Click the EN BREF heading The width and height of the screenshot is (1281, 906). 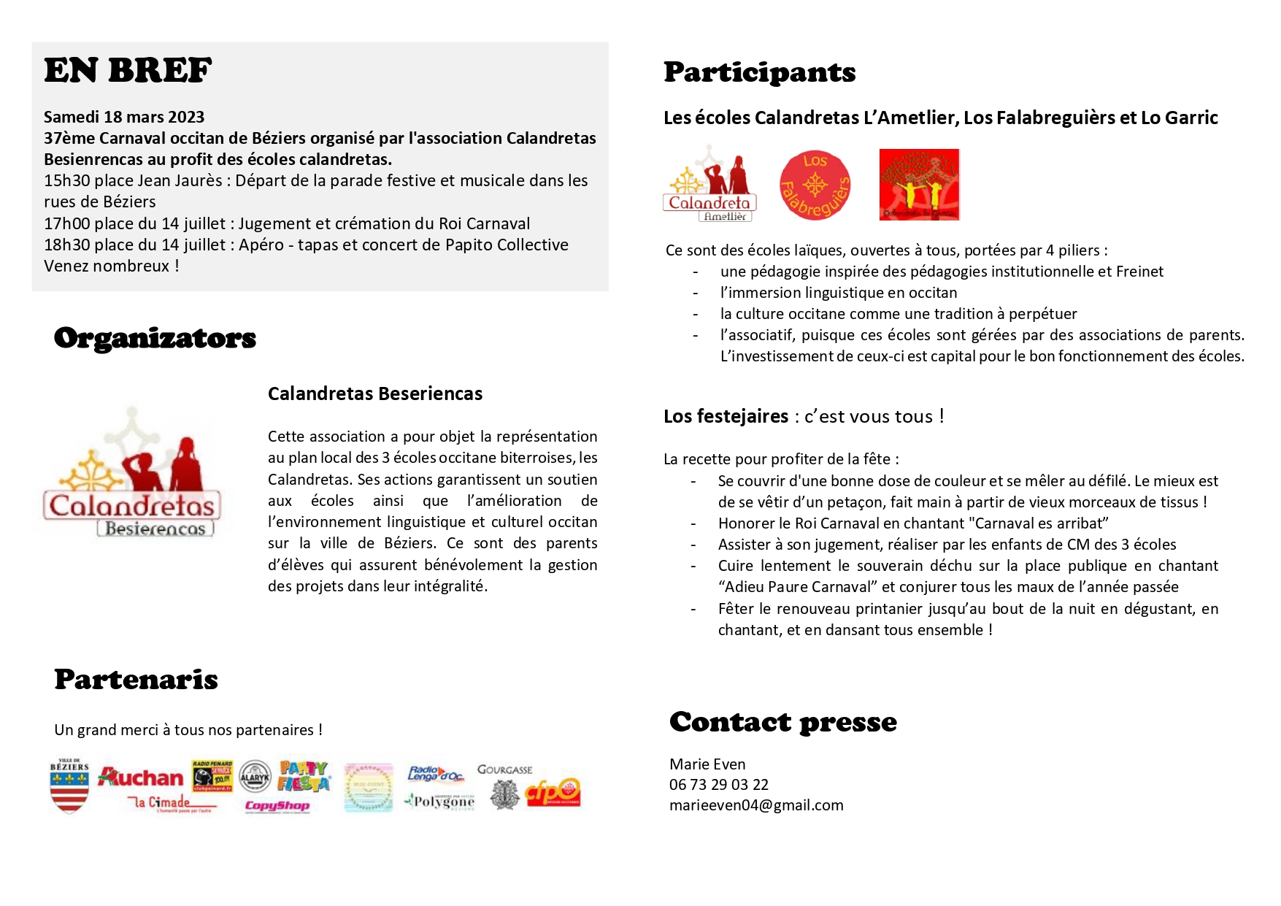(x=128, y=71)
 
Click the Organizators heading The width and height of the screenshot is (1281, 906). (x=155, y=338)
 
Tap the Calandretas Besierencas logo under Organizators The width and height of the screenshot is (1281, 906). (x=132, y=473)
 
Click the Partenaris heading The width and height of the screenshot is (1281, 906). (x=136, y=680)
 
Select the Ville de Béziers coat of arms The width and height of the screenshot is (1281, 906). (x=69, y=786)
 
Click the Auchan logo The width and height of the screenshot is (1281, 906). (x=141, y=777)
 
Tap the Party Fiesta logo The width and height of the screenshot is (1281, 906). (x=303, y=776)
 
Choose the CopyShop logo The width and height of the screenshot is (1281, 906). (x=277, y=806)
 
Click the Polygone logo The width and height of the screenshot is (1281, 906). (x=440, y=802)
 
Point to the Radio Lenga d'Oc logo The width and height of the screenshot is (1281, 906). (x=435, y=775)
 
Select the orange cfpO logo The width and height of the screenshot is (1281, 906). (x=553, y=791)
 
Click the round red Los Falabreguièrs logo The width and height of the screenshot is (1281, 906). (x=815, y=185)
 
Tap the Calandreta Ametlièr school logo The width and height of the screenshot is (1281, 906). (x=709, y=184)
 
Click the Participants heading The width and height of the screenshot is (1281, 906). (x=759, y=72)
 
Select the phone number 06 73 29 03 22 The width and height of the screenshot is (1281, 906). (x=718, y=785)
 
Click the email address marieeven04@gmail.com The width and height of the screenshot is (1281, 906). (x=756, y=805)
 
